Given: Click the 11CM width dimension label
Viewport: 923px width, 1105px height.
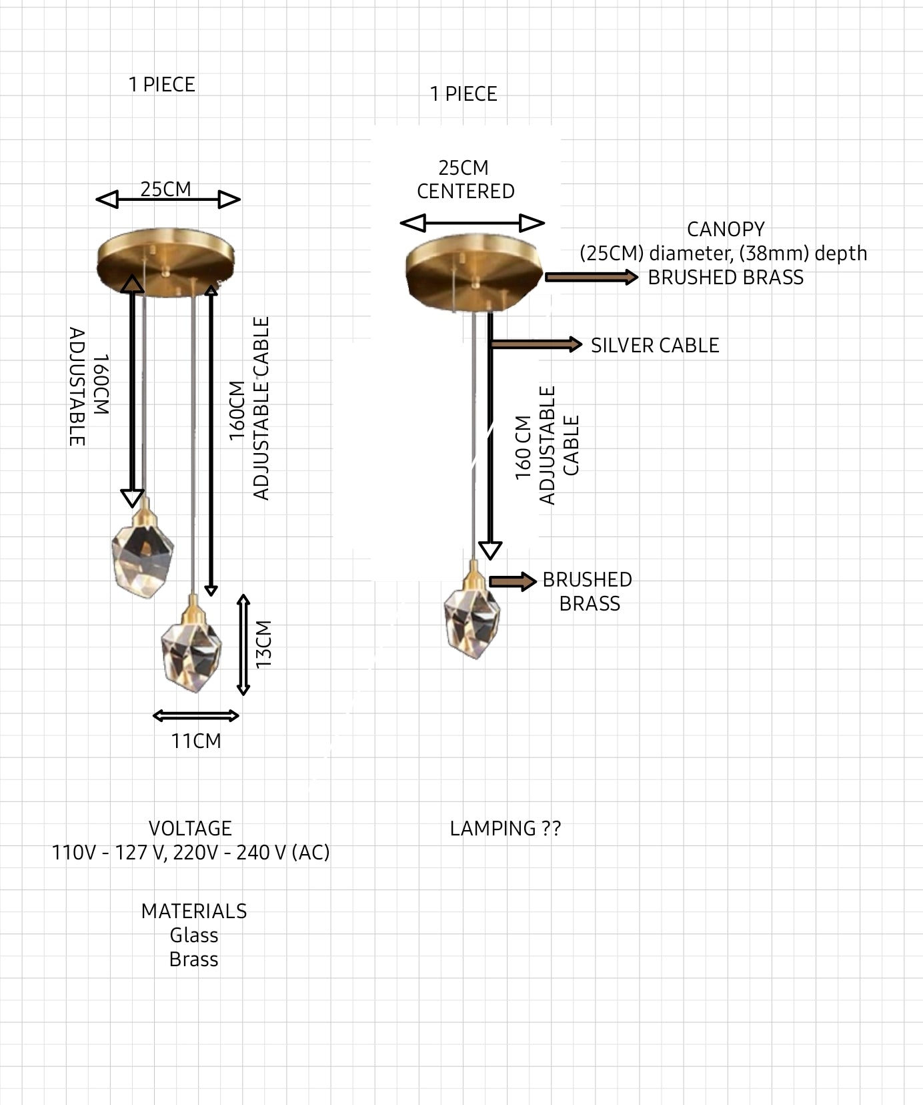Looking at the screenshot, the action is tap(196, 741).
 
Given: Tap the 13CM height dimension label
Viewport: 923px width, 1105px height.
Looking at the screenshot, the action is tap(264, 644).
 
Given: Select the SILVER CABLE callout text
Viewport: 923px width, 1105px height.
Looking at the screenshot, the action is tap(655, 345).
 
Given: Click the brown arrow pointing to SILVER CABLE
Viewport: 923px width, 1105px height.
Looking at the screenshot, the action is tap(536, 344).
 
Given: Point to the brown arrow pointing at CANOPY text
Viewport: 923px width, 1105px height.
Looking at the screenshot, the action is tap(592, 277).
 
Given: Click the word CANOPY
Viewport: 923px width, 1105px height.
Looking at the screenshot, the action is tap(726, 229).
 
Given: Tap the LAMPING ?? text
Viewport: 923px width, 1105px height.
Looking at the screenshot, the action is tap(506, 828).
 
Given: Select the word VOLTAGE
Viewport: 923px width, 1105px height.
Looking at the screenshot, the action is tap(190, 828).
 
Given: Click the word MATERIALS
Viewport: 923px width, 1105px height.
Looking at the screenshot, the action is tap(194, 911).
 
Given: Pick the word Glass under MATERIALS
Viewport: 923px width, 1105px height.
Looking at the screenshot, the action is tap(194, 935).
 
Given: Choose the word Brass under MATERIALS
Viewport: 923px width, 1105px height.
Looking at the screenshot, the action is tap(194, 959).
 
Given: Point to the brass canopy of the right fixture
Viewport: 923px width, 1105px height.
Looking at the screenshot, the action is tap(474, 274).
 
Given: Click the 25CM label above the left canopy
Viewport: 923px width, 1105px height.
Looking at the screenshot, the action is tap(165, 190).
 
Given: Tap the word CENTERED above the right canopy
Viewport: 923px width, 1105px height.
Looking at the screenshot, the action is tap(466, 192).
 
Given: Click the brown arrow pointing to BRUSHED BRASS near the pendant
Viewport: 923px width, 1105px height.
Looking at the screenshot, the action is tap(513, 581).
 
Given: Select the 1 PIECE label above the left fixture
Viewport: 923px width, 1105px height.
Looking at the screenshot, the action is tap(162, 85).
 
